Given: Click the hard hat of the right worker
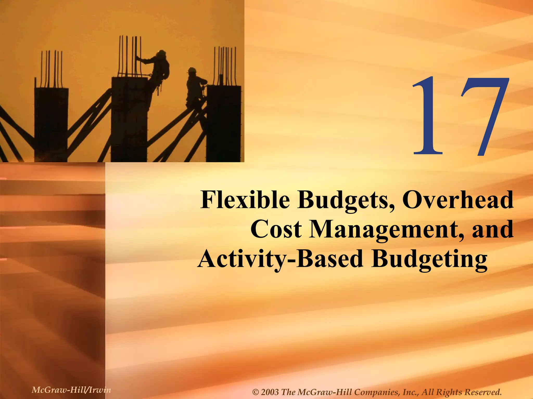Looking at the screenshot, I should pyautogui.click(x=192, y=70).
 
